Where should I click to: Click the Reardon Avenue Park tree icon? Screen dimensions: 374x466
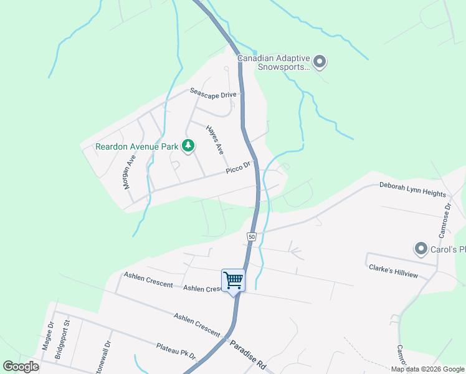[x=188, y=146]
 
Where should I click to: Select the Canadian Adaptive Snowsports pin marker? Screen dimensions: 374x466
[x=320, y=61]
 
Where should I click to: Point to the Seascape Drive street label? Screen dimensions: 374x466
[x=214, y=92]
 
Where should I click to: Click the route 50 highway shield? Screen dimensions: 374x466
[x=251, y=237]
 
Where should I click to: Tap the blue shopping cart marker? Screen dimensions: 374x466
[x=233, y=280]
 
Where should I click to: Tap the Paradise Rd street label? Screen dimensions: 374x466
[x=248, y=356]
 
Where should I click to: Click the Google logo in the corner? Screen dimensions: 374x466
[x=21, y=367]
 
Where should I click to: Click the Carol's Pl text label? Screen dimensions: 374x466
[x=448, y=250]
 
